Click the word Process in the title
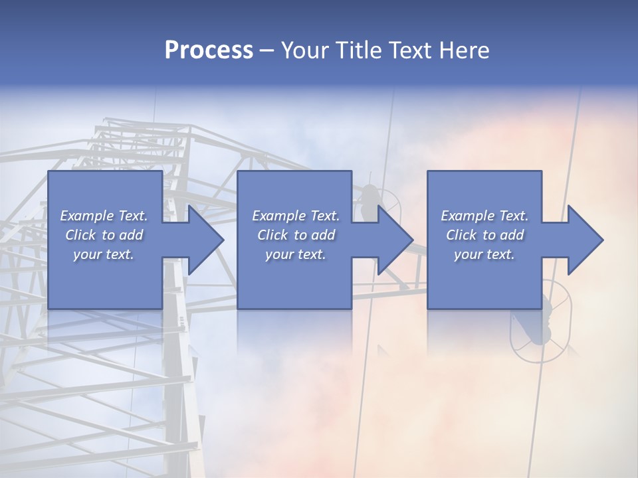tap(209, 50)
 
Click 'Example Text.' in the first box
tap(104, 216)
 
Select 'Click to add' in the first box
tap(104, 235)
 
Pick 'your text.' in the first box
tap(104, 254)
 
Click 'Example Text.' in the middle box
tap(296, 216)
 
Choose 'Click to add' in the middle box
tap(296, 235)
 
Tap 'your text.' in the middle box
tap(296, 254)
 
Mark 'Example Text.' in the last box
tap(484, 216)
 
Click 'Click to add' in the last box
tap(484, 235)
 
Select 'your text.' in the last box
tap(484, 254)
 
